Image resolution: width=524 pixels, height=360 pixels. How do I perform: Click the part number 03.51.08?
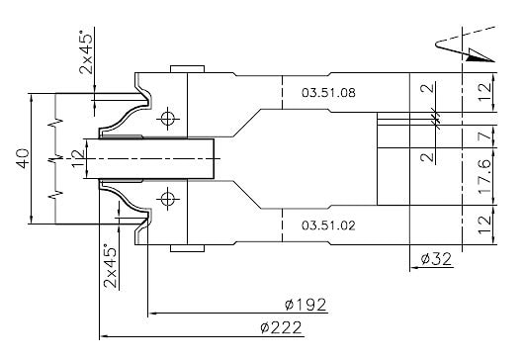328,93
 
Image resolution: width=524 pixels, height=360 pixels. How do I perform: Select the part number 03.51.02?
328,225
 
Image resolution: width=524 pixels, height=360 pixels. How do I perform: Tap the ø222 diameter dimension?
281,327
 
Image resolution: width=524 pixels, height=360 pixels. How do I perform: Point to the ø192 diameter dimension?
306,305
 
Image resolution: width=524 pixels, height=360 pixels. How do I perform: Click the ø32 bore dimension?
436,259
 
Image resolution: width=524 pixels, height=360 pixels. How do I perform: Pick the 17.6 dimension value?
484,176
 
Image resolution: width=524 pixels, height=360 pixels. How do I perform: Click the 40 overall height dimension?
23,158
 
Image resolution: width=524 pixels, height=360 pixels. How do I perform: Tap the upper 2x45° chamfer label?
86,51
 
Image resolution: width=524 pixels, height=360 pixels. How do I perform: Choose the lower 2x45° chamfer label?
111,266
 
